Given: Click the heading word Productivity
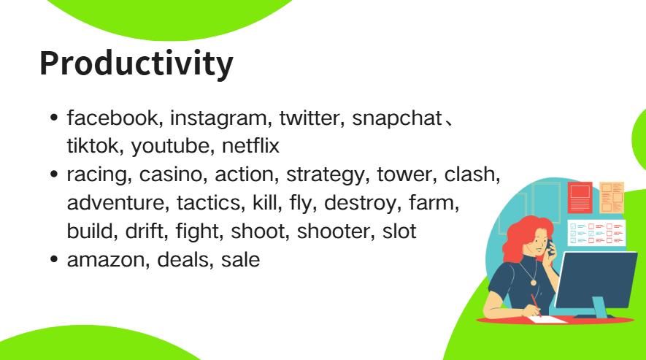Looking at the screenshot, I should (136, 64).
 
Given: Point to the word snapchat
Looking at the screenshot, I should (397, 117).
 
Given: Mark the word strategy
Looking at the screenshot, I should (323, 176).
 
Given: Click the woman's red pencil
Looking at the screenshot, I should (536, 304).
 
